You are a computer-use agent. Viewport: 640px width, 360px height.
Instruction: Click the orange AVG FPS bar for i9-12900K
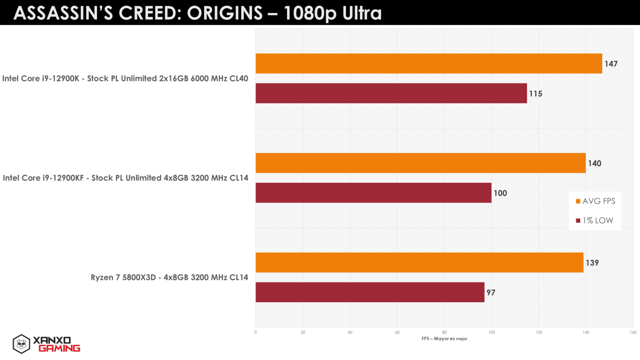(428, 64)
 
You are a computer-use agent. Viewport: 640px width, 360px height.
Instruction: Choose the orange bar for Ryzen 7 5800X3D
(419, 262)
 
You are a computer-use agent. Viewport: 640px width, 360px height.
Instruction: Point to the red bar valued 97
(370, 292)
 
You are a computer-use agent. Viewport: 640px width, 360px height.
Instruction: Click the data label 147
(611, 64)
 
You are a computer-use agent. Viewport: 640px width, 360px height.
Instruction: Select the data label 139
(592, 263)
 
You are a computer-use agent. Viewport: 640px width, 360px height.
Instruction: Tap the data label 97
(491, 293)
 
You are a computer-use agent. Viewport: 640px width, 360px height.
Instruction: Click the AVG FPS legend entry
(595, 201)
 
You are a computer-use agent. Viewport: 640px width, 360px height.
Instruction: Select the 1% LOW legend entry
(595, 220)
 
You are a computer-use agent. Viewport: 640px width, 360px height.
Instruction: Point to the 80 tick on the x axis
(445, 332)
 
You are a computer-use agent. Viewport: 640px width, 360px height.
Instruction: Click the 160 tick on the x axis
(633, 332)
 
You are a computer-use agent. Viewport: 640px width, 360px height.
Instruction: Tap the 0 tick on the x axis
(256, 332)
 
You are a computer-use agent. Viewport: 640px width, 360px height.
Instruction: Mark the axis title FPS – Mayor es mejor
(445, 339)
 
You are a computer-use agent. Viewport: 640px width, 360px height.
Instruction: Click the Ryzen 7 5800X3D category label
(169, 277)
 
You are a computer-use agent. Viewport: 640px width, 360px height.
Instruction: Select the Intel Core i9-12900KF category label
(125, 178)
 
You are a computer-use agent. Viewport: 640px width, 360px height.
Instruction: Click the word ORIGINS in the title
(225, 14)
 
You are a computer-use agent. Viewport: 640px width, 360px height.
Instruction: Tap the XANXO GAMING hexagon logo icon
(21, 344)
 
